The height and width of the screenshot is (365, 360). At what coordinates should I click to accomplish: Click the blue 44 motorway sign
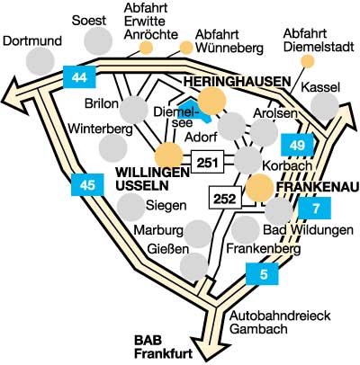click(79, 77)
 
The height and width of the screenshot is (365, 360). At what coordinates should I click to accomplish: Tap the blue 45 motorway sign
click(87, 185)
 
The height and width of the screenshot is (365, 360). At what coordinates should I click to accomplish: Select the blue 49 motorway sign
click(297, 145)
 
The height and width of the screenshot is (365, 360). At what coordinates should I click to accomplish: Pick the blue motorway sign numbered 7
click(315, 208)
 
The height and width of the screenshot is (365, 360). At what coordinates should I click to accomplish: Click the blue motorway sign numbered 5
click(262, 273)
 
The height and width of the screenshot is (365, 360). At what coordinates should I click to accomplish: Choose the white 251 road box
click(208, 162)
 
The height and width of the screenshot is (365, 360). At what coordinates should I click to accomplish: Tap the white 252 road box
click(225, 198)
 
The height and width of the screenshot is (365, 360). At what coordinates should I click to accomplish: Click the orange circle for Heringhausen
click(212, 101)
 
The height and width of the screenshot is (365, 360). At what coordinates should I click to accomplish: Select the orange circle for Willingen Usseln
click(168, 156)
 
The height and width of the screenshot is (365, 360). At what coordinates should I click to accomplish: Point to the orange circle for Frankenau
click(260, 188)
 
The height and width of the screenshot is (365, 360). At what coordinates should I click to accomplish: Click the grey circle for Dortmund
click(40, 61)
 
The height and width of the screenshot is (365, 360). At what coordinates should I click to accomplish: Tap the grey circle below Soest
click(98, 41)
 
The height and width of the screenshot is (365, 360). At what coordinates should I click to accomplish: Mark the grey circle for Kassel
click(325, 106)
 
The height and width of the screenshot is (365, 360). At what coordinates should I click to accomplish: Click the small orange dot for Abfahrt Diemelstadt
click(308, 61)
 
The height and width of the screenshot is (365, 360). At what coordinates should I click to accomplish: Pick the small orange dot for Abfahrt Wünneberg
click(186, 48)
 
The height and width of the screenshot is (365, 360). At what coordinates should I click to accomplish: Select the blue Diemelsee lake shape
click(195, 111)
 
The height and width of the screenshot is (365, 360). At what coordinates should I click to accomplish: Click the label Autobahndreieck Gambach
click(280, 322)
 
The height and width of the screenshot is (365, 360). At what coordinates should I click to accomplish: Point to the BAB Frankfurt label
click(163, 347)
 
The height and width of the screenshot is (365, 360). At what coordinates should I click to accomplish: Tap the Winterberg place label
click(100, 129)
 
